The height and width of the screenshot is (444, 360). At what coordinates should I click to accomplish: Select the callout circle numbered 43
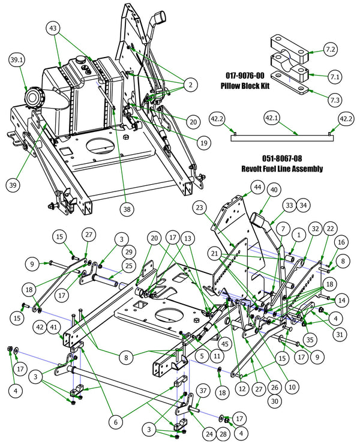pyautogui.click(x=53, y=28)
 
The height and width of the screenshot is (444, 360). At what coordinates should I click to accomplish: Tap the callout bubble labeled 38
pyautogui.click(x=127, y=209)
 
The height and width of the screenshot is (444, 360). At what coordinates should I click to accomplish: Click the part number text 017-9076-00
pyautogui.click(x=248, y=76)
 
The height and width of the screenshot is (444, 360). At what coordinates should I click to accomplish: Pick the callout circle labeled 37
pyautogui.click(x=203, y=391)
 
